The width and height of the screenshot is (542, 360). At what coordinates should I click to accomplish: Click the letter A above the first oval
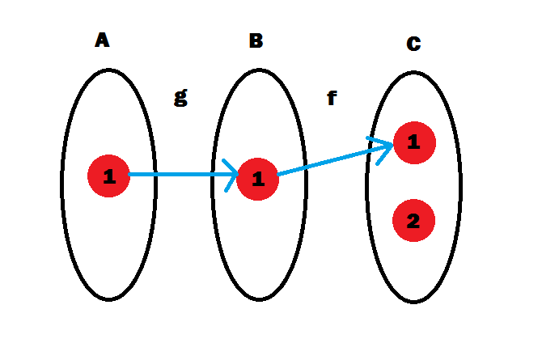(102, 40)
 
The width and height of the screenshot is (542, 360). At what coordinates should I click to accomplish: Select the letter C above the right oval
(413, 44)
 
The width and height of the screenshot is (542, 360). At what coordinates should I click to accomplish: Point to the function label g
(180, 96)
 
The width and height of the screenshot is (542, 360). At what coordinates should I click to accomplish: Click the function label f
(331, 99)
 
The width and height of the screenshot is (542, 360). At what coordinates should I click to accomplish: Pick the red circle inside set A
(108, 176)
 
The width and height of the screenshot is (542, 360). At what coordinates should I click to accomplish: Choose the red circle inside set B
(258, 178)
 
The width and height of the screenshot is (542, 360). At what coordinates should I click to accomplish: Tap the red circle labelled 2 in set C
(413, 221)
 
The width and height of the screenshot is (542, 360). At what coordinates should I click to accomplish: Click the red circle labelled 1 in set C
(414, 144)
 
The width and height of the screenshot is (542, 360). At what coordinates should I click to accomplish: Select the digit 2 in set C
(413, 221)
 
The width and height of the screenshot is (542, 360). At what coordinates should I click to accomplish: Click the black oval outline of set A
(62, 182)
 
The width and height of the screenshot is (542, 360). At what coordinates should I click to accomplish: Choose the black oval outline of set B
(213, 182)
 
